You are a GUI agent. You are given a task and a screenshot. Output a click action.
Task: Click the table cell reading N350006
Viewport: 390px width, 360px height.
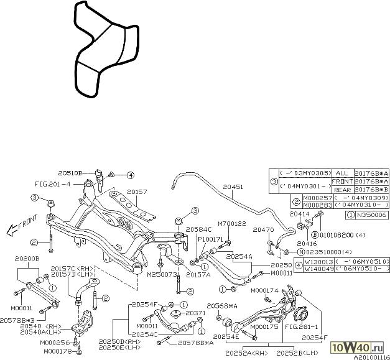click(x=371, y=215)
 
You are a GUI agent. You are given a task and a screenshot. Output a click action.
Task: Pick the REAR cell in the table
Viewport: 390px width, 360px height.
click(x=341, y=190)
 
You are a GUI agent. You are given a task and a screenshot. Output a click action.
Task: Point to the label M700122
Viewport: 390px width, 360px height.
click(x=231, y=223)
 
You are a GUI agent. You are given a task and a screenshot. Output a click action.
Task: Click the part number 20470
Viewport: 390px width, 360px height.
click(x=263, y=229)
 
